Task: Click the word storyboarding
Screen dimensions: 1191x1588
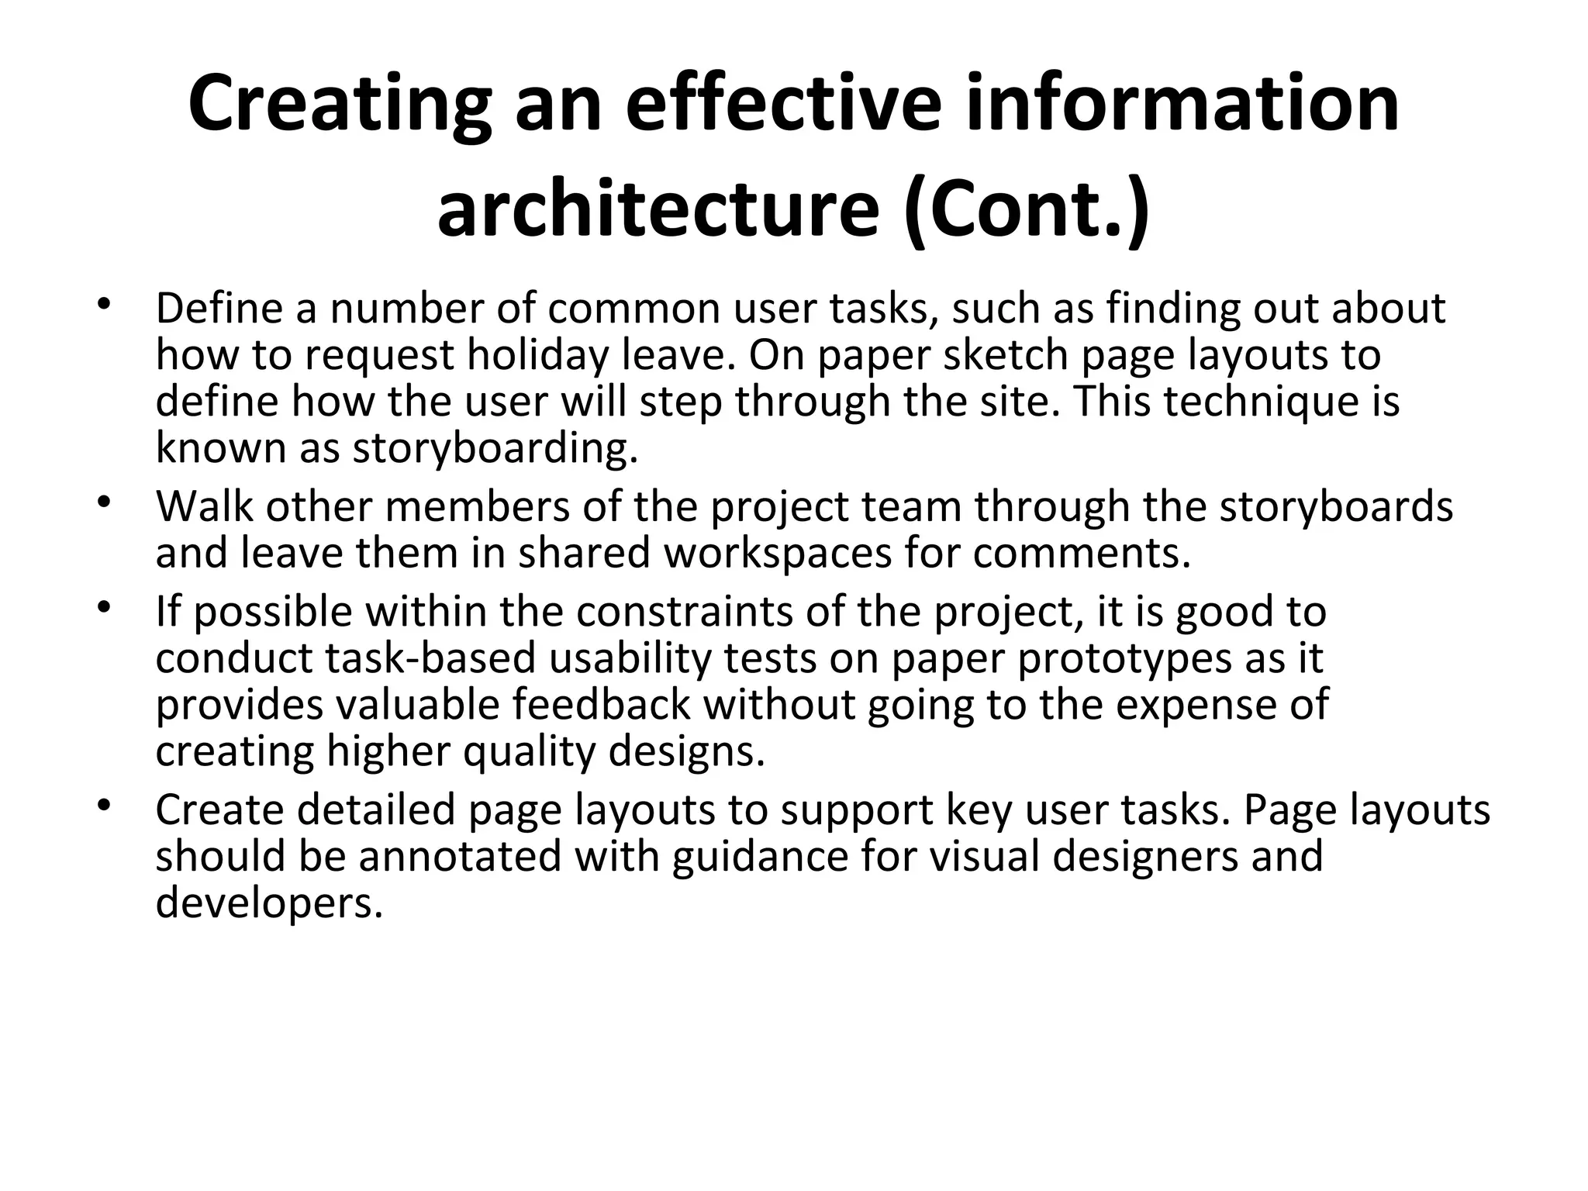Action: pos(495,448)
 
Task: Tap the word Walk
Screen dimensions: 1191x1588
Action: pos(204,506)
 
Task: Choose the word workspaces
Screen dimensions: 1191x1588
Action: pos(778,553)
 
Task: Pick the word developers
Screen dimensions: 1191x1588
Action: pos(269,903)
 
